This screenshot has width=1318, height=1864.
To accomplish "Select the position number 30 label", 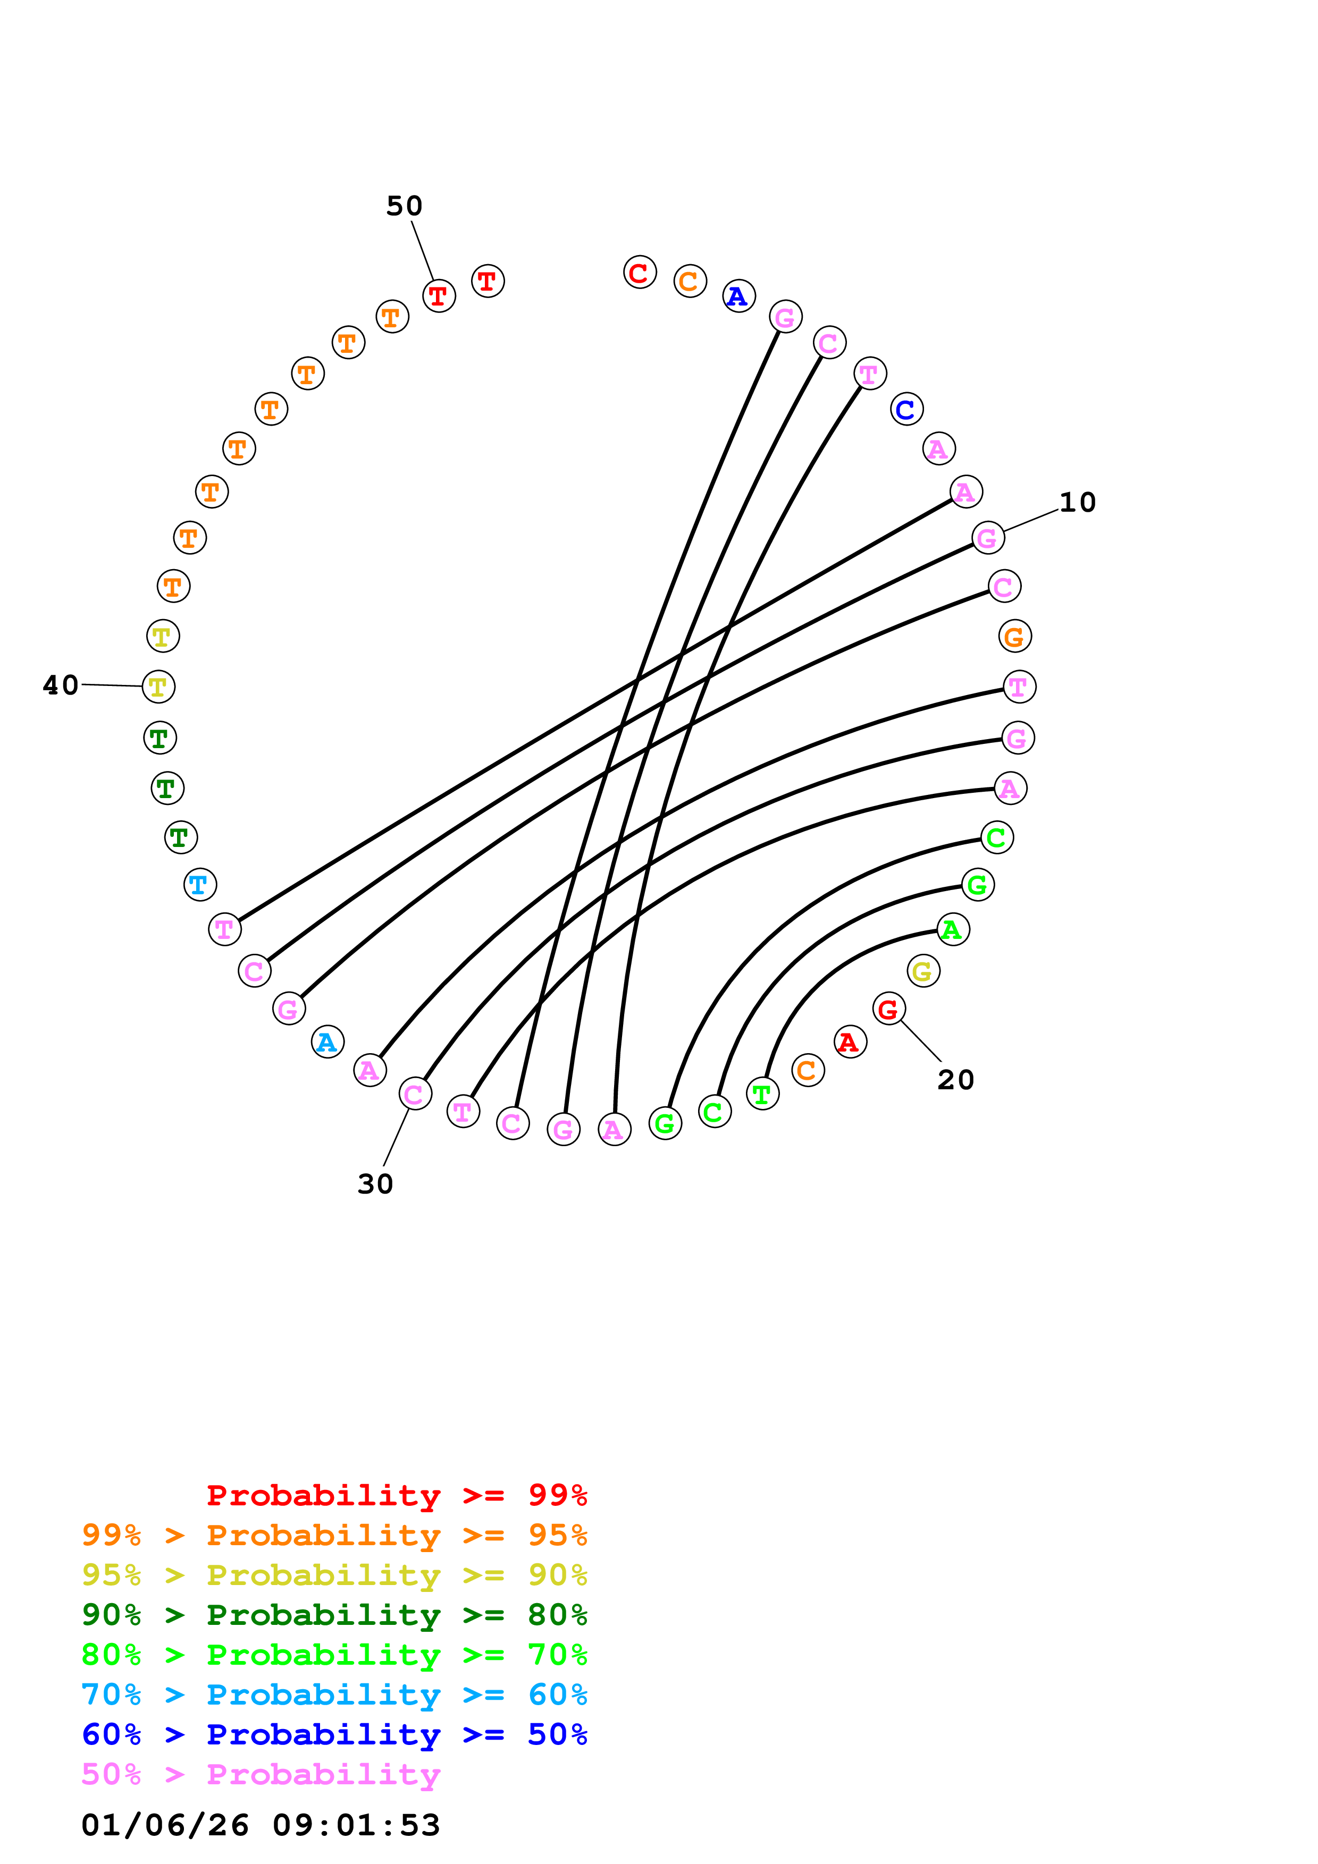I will point(375,1184).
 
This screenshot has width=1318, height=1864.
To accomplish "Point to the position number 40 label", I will point(61,685).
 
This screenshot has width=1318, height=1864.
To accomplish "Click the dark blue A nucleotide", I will point(738,296).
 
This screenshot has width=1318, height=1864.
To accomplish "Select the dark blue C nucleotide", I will point(906,409).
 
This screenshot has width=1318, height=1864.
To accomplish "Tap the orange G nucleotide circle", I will point(1014,637).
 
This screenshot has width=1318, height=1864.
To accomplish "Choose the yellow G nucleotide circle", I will point(922,971).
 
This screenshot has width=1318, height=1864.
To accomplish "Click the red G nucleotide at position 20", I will point(888,1009).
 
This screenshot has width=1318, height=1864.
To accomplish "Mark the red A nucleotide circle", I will point(850,1041).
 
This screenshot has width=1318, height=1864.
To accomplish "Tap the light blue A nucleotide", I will point(328,1041).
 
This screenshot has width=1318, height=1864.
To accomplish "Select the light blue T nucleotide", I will point(200,884).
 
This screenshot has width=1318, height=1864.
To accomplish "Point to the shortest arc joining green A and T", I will point(828,966).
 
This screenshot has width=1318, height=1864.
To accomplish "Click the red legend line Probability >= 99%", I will point(396,1495).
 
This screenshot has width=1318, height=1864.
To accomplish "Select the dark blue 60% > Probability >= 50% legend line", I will point(334,1735).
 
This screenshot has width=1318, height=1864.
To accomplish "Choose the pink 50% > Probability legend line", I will point(261,1775).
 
